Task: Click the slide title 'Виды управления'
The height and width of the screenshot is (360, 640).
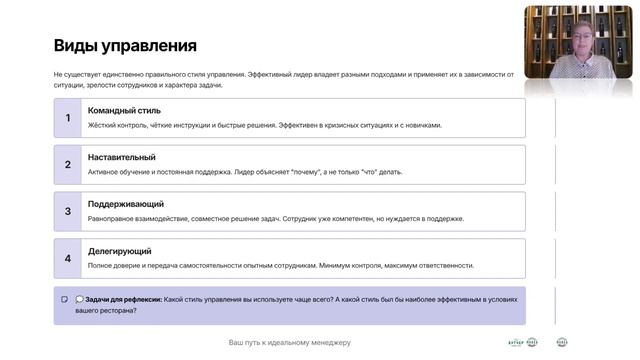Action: [x=125, y=46]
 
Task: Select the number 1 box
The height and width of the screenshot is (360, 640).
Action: [x=68, y=118]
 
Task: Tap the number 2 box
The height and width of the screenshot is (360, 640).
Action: [x=68, y=164]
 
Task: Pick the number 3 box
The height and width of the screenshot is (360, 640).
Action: [x=68, y=211]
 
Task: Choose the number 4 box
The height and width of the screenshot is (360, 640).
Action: [x=68, y=258]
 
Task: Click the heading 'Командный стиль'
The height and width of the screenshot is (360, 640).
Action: [x=124, y=111]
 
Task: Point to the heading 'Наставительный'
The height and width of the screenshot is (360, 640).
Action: [x=122, y=157]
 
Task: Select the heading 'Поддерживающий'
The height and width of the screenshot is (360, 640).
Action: [x=126, y=204]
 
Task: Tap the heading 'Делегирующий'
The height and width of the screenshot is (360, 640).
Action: [x=120, y=251]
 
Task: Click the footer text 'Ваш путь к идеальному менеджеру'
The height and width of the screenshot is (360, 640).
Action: [x=289, y=343]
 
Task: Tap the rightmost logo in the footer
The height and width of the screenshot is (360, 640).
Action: [x=562, y=342]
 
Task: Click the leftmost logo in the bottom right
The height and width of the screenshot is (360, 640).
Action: [x=516, y=342]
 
